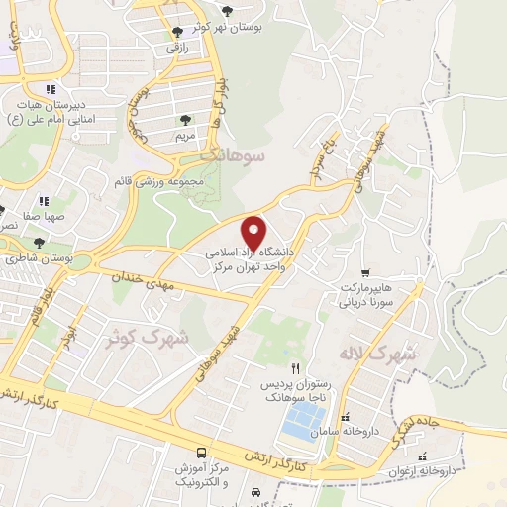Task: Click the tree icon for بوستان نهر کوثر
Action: click(x=229, y=11)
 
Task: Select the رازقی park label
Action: click(x=176, y=46)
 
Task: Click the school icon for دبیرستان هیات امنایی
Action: click(x=50, y=90)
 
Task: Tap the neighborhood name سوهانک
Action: click(x=229, y=154)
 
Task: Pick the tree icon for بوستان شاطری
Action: click(x=39, y=242)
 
